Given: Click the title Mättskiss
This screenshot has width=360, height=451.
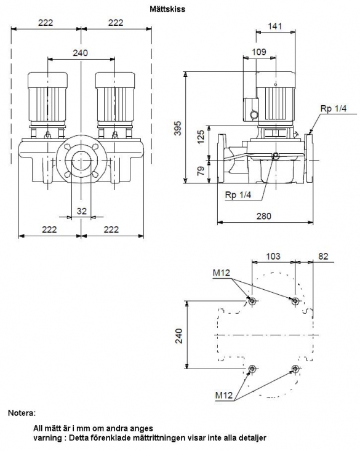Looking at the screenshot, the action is (167, 9).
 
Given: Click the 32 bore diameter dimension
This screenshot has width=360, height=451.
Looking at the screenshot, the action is (82, 211).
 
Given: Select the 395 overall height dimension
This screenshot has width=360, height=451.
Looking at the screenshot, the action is (178, 128).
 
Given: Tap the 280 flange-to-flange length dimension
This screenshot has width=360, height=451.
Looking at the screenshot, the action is (264, 216).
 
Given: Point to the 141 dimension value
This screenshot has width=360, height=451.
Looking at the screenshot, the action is (275, 26).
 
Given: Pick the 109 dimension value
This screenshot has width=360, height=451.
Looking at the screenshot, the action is (259, 52).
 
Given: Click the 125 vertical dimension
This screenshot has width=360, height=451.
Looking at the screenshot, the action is (201, 137).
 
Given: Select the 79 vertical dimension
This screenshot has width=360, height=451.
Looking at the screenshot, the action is (201, 171).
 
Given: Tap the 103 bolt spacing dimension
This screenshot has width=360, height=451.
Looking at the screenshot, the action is (273, 256).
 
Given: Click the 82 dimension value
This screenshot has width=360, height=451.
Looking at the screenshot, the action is (324, 256).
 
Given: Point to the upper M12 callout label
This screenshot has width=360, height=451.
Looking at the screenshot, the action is (222, 273).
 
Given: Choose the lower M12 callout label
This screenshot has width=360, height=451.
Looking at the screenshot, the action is (223, 395).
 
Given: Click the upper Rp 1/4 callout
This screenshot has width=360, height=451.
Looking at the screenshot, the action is (334, 108).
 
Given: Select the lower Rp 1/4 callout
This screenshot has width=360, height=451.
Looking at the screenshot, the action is (238, 195).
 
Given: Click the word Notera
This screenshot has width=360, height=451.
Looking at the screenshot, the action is (22, 413).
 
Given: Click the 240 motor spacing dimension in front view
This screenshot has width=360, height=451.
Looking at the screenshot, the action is (80, 53).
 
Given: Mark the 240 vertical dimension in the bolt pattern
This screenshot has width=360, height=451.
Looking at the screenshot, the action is (178, 336).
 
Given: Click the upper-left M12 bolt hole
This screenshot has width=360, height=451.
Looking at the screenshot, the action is (252, 301).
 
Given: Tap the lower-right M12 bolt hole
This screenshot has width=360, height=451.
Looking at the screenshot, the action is (295, 369).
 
